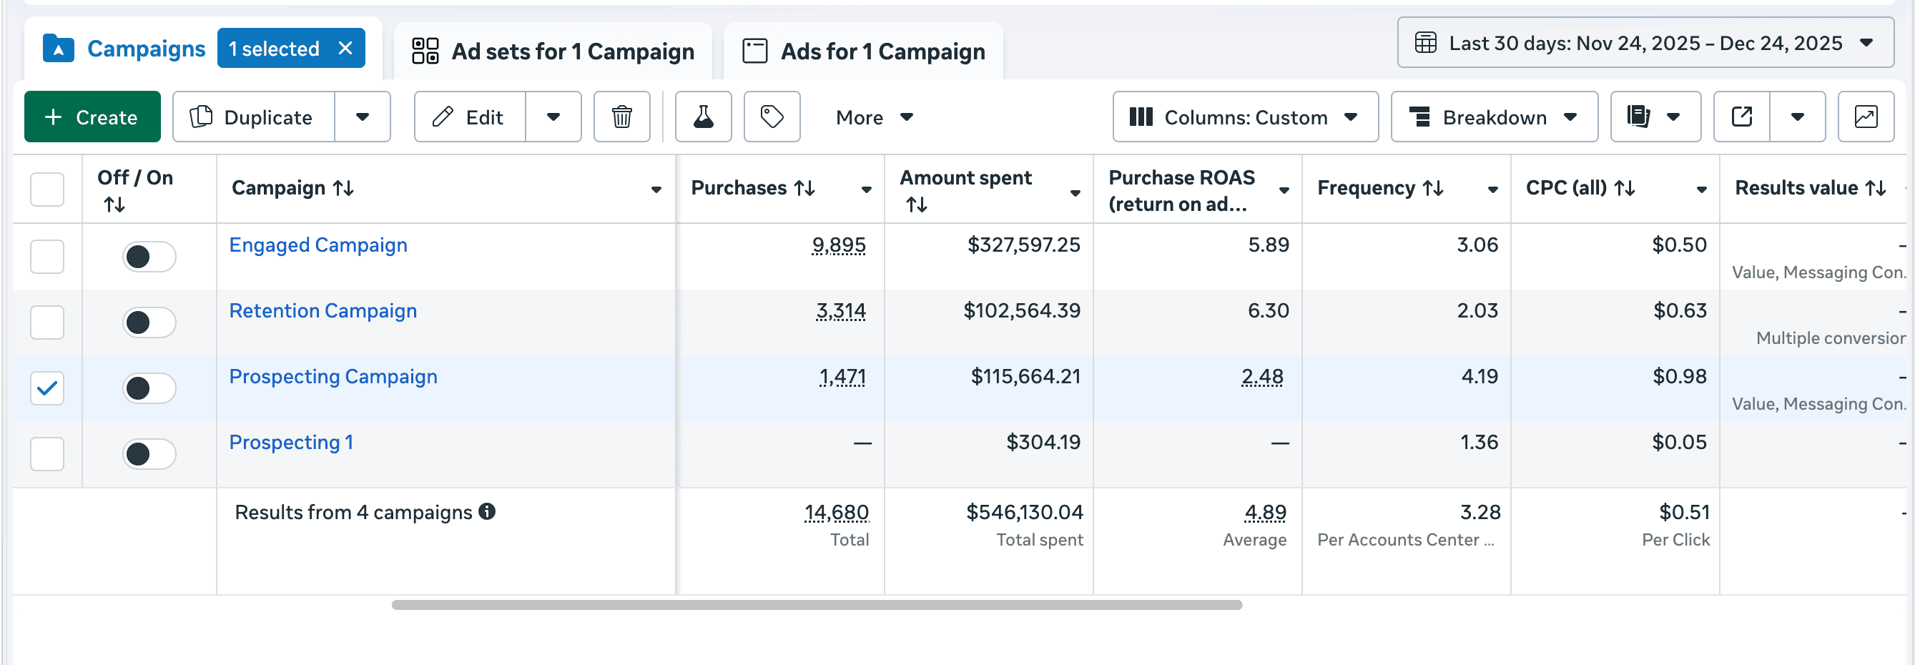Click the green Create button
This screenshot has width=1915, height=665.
(x=92, y=117)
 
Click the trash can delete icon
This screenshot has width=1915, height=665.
(x=621, y=117)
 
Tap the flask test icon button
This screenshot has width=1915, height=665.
(x=702, y=117)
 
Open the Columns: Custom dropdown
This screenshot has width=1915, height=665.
(x=1244, y=117)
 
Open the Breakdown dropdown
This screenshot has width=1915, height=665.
(x=1494, y=117)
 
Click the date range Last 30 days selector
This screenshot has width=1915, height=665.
(x=1645, y=43)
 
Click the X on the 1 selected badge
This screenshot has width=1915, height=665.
(x=345, y=49)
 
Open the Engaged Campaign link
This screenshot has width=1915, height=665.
(x=318, y=245)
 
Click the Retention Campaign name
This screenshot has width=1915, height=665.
(x=323, y=310)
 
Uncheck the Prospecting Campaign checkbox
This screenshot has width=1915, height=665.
(x=46, y=388)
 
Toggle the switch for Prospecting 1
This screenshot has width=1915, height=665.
(x=149, y=453)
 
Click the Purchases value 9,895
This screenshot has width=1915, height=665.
(x=839, y=245)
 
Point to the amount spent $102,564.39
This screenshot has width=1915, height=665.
(x=1021, y=310)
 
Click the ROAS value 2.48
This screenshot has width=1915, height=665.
(x=1261, y=376)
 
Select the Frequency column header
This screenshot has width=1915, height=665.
(x=1367, y=188)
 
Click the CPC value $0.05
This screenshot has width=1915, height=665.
(x=1678, y=442)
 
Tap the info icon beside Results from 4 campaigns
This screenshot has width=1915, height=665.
(x=487, y=511)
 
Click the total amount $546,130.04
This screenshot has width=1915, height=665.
(x=1025, y=512)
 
